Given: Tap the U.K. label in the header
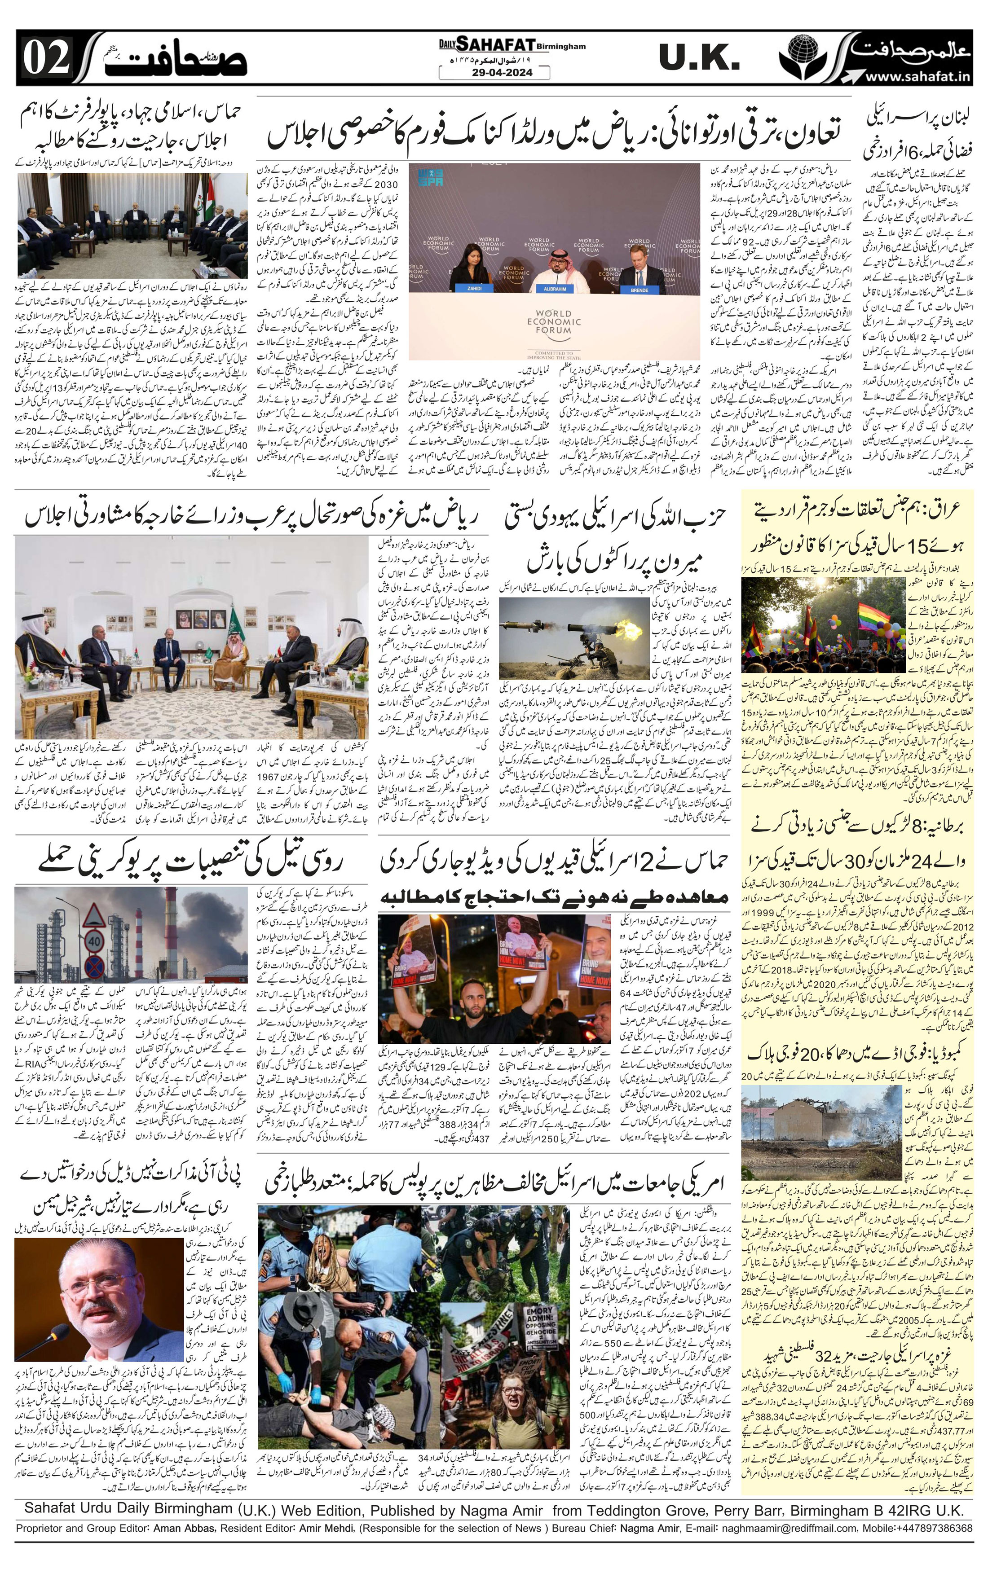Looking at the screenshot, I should (699, 59).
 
